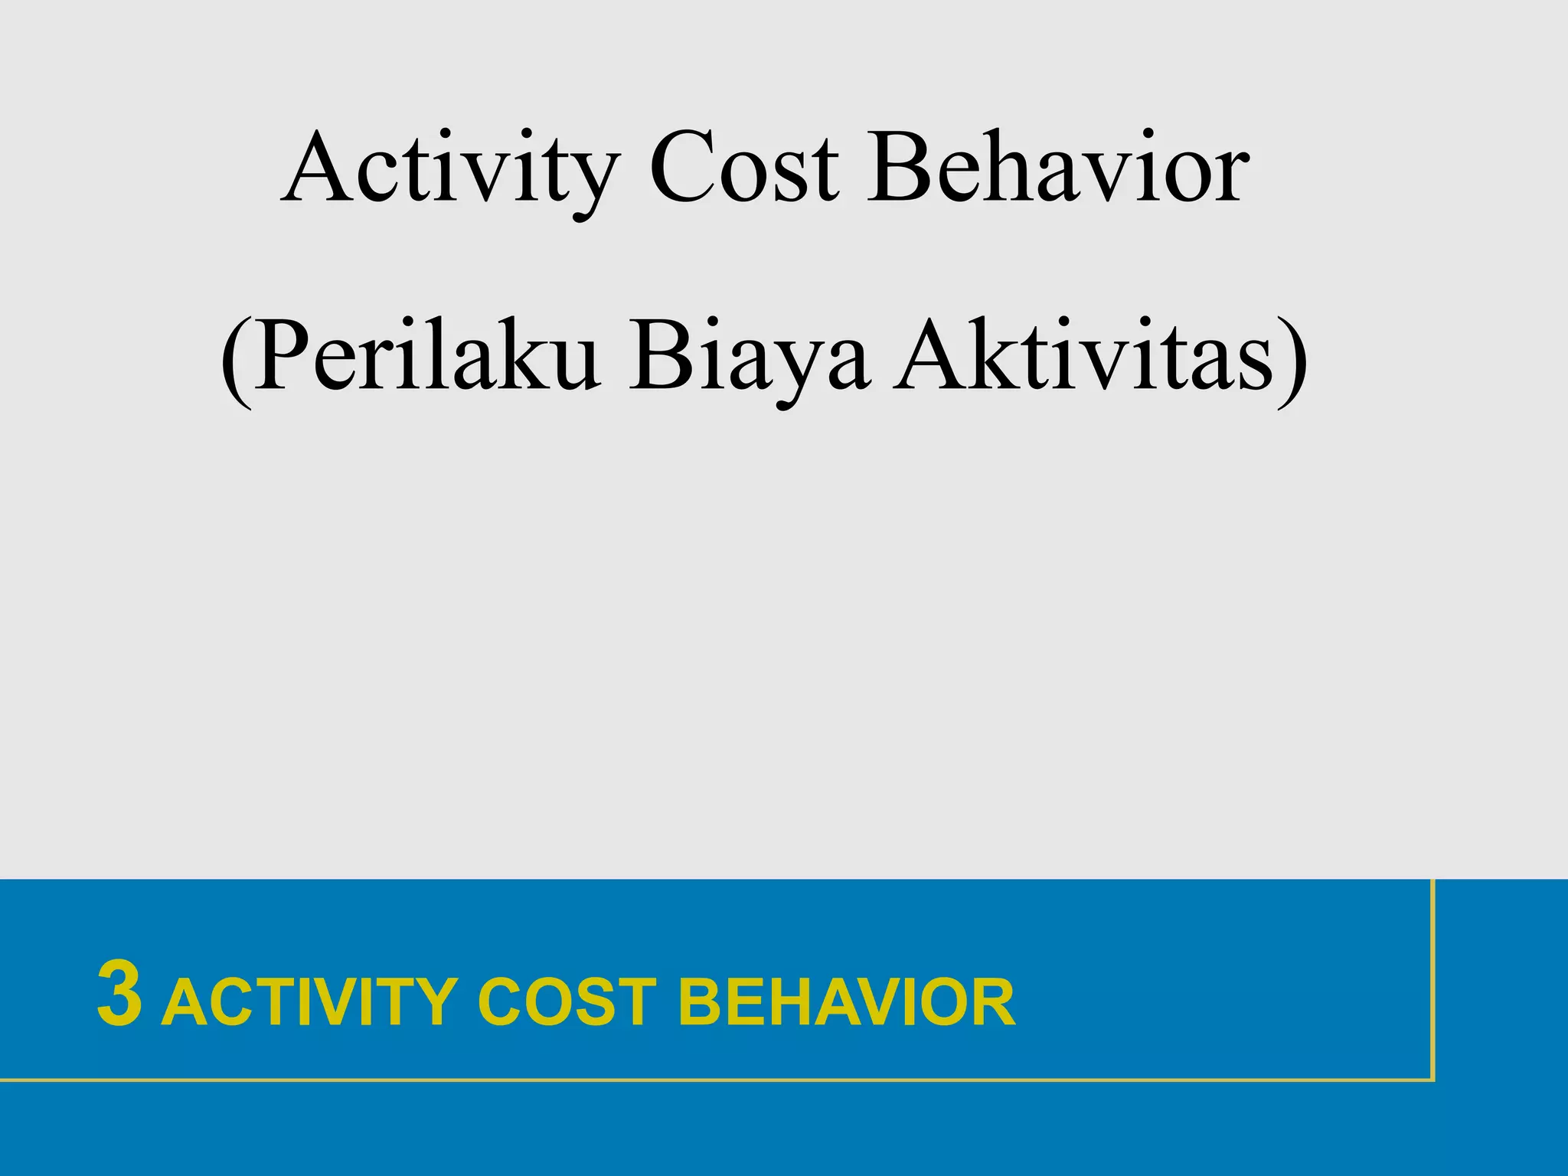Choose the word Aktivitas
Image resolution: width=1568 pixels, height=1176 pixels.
[1086, 357]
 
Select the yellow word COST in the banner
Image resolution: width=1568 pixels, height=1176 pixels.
[567, 1001]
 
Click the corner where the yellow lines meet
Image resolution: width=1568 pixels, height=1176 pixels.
[1432, 1080]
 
